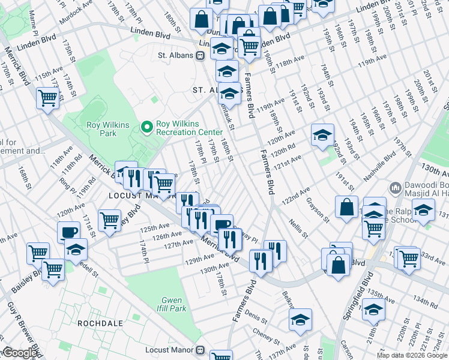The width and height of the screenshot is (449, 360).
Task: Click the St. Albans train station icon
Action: tap(200, 56)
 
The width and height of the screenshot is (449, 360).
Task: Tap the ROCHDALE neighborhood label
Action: tap(100, 323)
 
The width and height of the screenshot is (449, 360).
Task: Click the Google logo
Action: tap(19, 353)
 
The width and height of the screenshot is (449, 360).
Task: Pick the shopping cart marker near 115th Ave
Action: tap(47, 98)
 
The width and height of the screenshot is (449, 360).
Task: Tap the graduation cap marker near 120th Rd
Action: tap(322, 134)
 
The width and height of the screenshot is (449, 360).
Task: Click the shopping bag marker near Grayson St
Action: tap(347, 208)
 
